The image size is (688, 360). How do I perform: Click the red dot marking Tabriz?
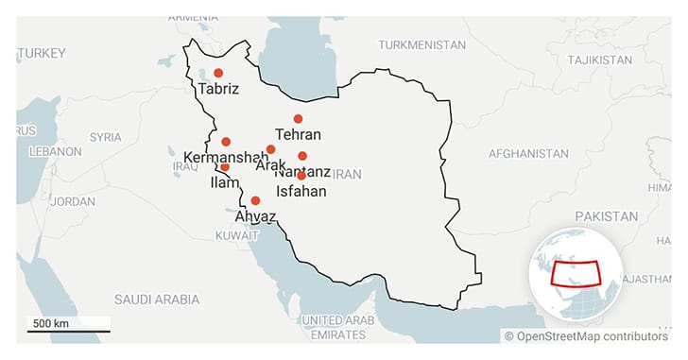click(x=218, y=73)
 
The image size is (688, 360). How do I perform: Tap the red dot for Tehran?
click(x=298, y=119)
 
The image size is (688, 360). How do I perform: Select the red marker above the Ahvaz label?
click(x=255, y=200)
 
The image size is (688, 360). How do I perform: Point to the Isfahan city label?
click(x=301, y=192)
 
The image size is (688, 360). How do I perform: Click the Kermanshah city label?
click(x=219, y=157)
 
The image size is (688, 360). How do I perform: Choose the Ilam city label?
click(x=224, y=182)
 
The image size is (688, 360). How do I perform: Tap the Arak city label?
click(x=270, y=165)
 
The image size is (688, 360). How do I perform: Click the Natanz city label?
click(x=302, y=172)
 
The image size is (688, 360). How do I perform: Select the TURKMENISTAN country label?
click(x=421, y=45)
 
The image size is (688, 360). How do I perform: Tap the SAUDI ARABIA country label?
click(x=157, y=300)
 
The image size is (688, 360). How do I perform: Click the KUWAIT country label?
click(x=236, y=235)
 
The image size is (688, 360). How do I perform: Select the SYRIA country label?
click(x=105, y=137)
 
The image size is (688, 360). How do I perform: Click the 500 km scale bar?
click(x=67, y=330)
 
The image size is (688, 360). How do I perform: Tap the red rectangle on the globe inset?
click(x=576, y=271)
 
